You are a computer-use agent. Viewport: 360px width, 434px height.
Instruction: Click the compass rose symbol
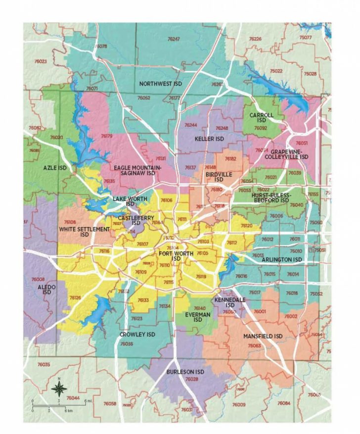pyautogui.click(x=59, y=386)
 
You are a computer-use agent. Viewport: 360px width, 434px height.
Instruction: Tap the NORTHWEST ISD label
pyautogui.click(x=161, y=84)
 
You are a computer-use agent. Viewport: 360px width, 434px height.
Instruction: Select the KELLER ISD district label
pyautogui.click(x=209, y=139)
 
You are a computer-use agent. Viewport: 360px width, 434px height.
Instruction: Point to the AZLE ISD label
pyautogui.click(x=54, y=168)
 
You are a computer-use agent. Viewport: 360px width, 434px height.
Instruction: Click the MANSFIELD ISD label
pyautogui.click(x=262, y=337)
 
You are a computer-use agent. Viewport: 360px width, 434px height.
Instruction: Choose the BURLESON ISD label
pyautogui.click(x=185, y=372)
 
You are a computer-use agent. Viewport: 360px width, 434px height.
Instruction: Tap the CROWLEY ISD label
pyautogui.click(x=137, y=335)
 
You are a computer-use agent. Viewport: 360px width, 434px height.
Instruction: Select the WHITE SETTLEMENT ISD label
pyautogui.click(x=84, y=232)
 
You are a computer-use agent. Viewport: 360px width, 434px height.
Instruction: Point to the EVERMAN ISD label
pyautogui.click(x=198, y=317)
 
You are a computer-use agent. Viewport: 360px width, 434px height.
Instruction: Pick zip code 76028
pyautogui.click(x=191, y=379)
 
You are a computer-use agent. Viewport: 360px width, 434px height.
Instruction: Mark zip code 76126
pyautogui.click(x=75, y=297)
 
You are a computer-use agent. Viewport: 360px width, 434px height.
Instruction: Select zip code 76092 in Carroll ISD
pyautogui.click(x=260, y=128)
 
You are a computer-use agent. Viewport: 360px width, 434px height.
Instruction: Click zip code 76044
pyautogui.click(x=73, y=398)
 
